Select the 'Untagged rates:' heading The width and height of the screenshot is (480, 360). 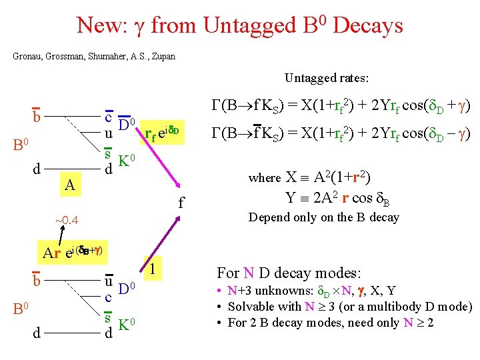pyautogui.click(x=327, y=78)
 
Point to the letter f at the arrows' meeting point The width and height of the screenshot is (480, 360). pyautogui.click(x=181, y=197)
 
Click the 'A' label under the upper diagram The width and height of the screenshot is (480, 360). pyautogui.click(x=69, y=185)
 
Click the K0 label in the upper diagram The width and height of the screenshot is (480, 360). pyautogui.click(x=127, y=161)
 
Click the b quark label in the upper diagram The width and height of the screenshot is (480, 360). pyautogui.click(x=37, y=116)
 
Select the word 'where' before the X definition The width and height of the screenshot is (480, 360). pyautogui.click(x=265, y=178)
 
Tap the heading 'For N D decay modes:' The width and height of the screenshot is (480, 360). pyautogui.click(x=289, y=273)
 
